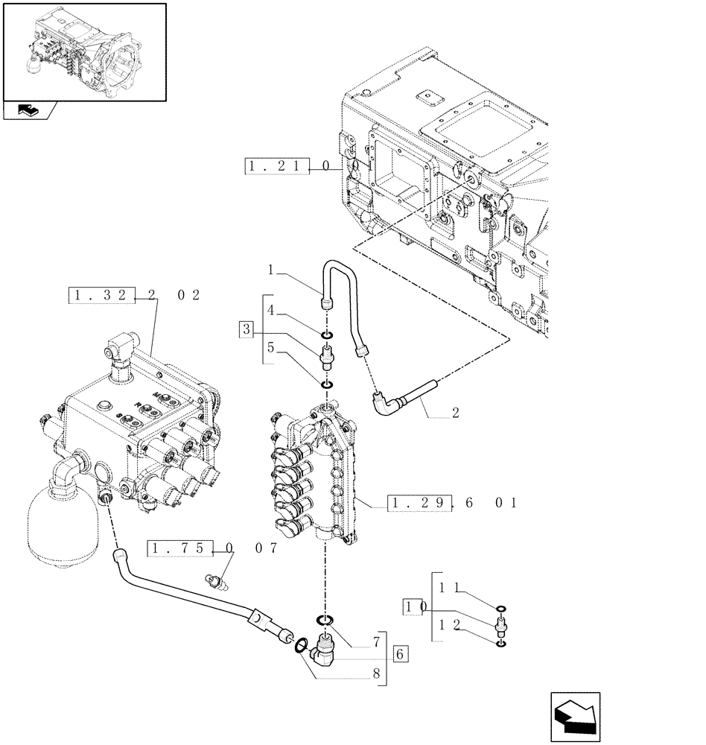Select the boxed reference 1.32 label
pos(103,296)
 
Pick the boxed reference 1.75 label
pos(179,549)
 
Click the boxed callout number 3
pos(247,329)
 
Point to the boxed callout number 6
pos(400,655)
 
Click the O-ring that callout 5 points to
pos(326,385)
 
